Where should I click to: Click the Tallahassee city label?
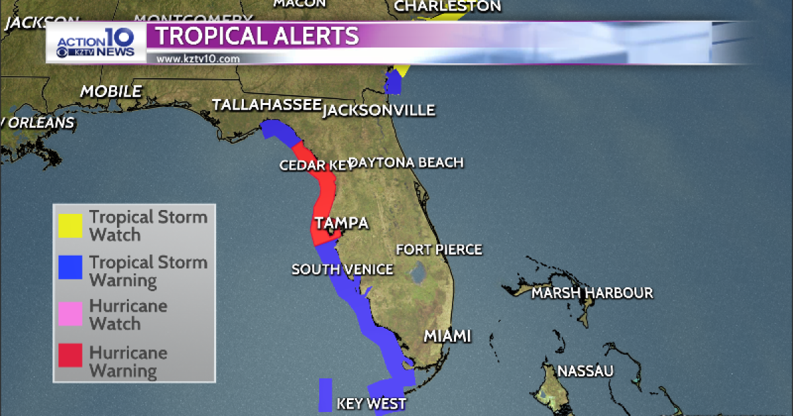coord(266,106)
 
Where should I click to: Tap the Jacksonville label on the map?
coord(379,110)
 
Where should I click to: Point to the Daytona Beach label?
coord(406,162)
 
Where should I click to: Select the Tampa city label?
coord(341,223)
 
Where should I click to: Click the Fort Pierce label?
coord(439,250)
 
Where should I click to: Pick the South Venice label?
coord(342,269)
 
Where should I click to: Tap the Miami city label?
coord(447,336)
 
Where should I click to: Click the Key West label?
coord(371,404)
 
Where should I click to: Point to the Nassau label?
coord(585,371)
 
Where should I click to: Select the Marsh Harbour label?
coord(592,293)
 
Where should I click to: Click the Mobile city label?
coord(111,92)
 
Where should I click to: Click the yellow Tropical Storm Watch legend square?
coord(69,226)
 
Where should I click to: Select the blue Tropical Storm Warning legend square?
coord(69,267)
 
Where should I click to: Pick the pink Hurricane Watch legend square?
coord(69,314)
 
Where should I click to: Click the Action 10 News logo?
coord(96,44)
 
